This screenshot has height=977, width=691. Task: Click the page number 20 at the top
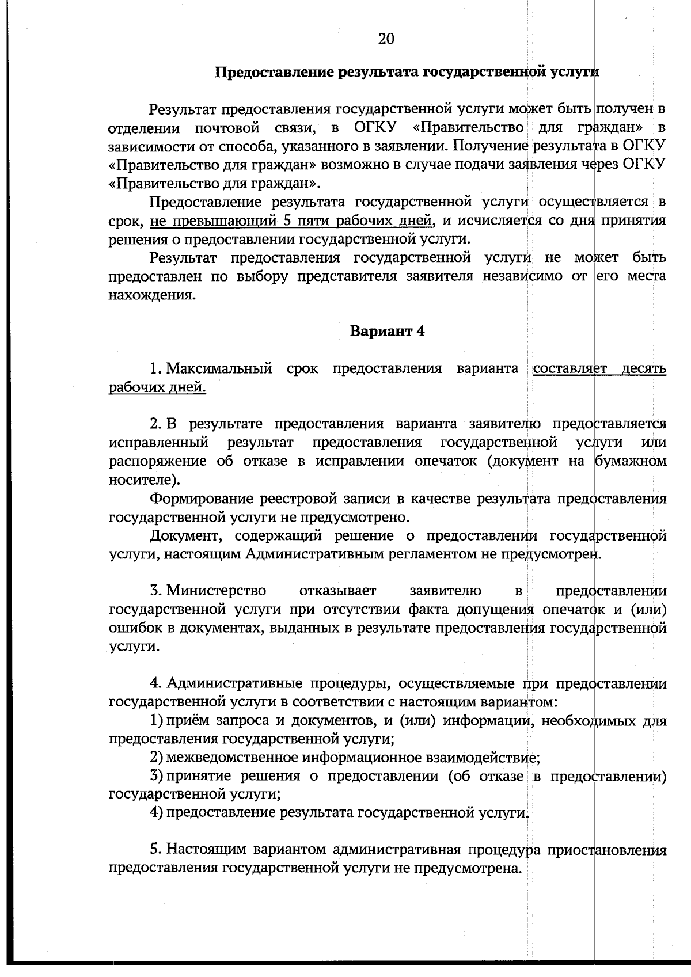[x=386, y=39]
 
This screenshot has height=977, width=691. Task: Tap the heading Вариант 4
[x=388, y=332]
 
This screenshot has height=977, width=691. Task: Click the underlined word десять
[x=644, y=368]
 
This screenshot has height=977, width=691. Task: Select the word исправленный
[x=158, y=443]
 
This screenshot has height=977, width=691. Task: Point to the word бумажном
[x=631, y=461]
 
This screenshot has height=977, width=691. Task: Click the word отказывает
[x=338, y=591]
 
